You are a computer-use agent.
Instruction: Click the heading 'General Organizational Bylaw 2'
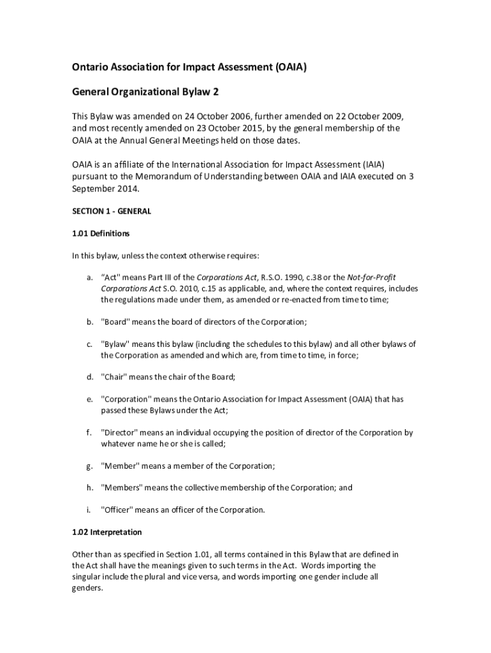pos(145,92)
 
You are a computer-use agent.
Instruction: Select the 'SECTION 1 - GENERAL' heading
pos(112,210)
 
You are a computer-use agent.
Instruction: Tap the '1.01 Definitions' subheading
pos(101,233)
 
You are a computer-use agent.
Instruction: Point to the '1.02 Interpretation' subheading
pos(106,532)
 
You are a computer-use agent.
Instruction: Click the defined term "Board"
pos(115,321)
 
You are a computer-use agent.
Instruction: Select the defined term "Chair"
pos(114,377)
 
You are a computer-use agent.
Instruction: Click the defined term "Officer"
pos(118,510)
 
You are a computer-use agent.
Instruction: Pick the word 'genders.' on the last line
pos(87,588)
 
